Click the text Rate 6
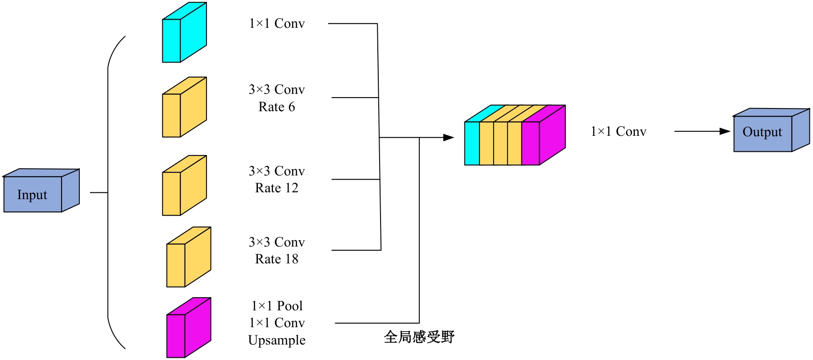(x=277, y=107)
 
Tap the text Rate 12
(x=277, y=188)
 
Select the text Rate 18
(x=277, y=259)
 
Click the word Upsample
(x=277, y=340)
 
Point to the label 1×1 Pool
(x=277, y=306)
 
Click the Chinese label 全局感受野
(x=419, y=337)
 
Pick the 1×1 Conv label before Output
(x=618, y=132)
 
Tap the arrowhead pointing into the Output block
(x=725, y=131)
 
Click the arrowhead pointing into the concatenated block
(x=449, y=137)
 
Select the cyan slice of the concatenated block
(x=472, y=143)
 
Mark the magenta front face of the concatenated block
(x=530, y=143)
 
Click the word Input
(x=32, y=195)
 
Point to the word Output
(x=762, y=132)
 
